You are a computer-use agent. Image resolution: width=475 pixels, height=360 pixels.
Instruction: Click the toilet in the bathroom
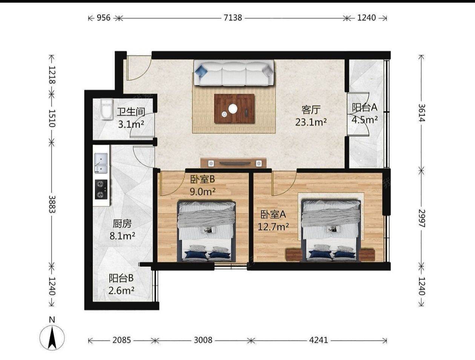click(x=107, y=109)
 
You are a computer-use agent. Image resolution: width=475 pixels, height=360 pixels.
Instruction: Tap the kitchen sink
click(x=101, y=163)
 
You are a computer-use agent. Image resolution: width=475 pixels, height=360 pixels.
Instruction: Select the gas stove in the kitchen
click(x=101, y=189)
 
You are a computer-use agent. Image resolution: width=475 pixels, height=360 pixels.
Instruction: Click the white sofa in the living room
click(x=234, y=73)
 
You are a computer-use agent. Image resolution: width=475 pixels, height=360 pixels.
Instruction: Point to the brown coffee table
click(x=234, y=109)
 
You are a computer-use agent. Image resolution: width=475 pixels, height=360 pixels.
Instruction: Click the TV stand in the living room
click(x=233, y=163)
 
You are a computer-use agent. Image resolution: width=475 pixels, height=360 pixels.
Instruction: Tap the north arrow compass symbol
click(x=52, y=338)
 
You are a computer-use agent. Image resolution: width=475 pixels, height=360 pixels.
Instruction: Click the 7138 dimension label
click(x=233, y=18)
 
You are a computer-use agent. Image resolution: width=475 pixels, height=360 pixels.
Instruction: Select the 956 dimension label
click(x=103, y=18)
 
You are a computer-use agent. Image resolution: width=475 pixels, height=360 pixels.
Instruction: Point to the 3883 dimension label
click(x=52, y=205)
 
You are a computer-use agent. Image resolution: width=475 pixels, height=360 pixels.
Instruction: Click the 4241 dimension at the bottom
click(x=319, y=340)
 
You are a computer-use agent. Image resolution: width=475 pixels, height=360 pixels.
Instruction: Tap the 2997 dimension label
click(x=422, y=218)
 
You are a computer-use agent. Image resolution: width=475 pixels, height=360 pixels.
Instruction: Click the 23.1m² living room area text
click(x=311, y=123)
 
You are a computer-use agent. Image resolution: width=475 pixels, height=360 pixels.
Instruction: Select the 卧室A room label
click(x=273, y=214)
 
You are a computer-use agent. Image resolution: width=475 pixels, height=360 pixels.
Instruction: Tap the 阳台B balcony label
click(x=121, y=278)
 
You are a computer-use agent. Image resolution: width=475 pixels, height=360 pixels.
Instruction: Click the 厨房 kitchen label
click(x=122, y=224)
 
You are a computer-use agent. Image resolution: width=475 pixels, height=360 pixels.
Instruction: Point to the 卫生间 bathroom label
click(x=131, y=112)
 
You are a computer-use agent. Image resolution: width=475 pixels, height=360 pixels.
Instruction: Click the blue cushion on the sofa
click(x=201, y=71)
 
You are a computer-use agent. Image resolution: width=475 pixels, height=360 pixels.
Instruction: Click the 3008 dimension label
click(x=203, y=340)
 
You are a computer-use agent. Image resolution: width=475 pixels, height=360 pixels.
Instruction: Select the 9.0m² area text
click(x=202, y=191)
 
